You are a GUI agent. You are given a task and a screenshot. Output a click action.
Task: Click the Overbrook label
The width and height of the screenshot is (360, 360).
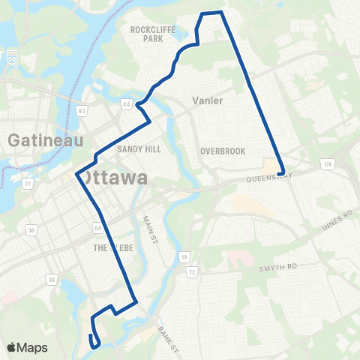pyautogui.click(x=223, y=151)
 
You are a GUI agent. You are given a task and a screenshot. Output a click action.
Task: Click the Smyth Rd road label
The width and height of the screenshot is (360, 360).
pyautogui.click(x=282, y=265)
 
